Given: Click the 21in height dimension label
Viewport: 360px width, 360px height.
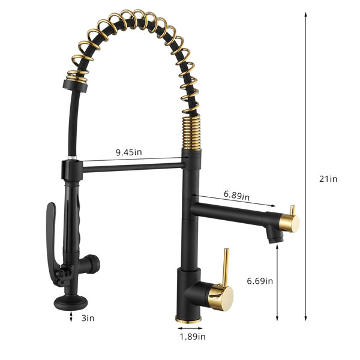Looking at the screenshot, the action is [328, 179].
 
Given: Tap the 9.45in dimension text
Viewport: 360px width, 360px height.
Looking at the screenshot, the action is [129, 152].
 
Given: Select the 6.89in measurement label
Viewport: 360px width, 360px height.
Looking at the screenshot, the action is [236, 196].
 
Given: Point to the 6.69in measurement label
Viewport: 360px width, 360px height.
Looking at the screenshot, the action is [260, 281].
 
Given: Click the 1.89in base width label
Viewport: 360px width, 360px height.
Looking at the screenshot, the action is [193, 337].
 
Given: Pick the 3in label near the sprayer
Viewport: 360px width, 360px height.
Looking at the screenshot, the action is [88, 318].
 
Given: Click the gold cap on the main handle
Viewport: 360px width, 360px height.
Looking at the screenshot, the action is [221, 296].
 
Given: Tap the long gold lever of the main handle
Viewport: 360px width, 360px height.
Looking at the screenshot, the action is [226, 268].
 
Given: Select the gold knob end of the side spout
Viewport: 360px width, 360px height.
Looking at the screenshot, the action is [289, 223].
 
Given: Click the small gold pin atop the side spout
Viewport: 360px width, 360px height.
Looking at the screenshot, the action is [292, 211].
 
